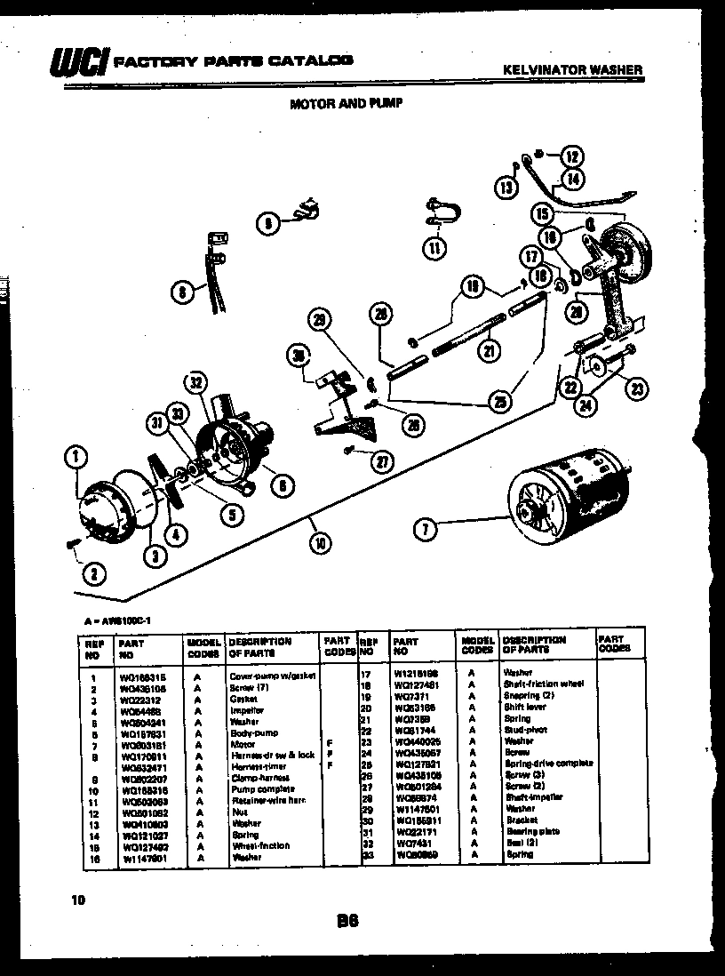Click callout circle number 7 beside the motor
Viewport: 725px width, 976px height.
tap(426, 530)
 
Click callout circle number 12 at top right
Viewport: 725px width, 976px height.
tap(571, 157)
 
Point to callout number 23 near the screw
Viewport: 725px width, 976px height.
tap(637, 388)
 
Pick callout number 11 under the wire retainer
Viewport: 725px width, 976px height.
tap(434, 248)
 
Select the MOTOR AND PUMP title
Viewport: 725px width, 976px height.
tap(347, 103)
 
